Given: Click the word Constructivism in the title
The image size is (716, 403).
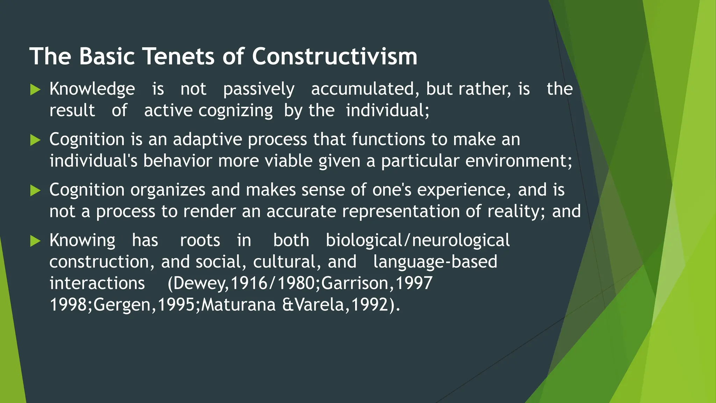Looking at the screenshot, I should click(335, 56).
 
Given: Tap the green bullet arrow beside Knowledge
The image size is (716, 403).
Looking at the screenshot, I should click(35, 90).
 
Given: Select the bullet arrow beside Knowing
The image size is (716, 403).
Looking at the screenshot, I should click(35, 241).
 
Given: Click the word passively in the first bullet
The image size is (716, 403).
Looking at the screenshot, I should click(259, 89).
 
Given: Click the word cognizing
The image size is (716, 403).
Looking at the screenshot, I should click(236, 111).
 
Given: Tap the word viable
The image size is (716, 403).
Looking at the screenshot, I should click(288, 161).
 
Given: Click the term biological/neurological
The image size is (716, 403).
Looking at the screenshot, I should click(418, 241).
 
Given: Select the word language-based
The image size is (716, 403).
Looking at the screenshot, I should click(435, 262).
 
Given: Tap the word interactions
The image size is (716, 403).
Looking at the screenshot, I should click(97, 283).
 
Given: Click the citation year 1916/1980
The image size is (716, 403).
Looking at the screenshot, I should click(273, 283).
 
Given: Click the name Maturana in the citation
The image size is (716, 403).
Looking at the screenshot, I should click(238, 305).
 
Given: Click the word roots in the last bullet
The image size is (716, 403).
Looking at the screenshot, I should click(200, 241).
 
